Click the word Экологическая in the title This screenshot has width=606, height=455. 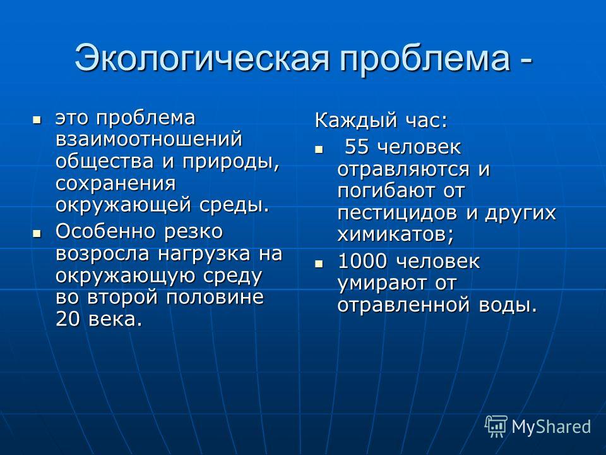coord(202,58)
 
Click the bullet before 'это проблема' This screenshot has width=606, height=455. coord(37,120)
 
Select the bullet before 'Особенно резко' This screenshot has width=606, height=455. coord(37,233)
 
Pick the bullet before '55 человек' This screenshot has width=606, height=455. coord(318,149)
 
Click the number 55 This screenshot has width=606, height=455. coord(356,147)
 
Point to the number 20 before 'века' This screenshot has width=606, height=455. coord(68,318)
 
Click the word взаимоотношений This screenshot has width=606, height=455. coord(149,140)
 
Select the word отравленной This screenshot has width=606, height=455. coord(403,305)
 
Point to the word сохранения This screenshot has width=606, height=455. coord(116,184)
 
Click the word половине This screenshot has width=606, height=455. coord(215,298)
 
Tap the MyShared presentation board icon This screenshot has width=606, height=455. coord(496,426)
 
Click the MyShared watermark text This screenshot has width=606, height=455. coord(551,427)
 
